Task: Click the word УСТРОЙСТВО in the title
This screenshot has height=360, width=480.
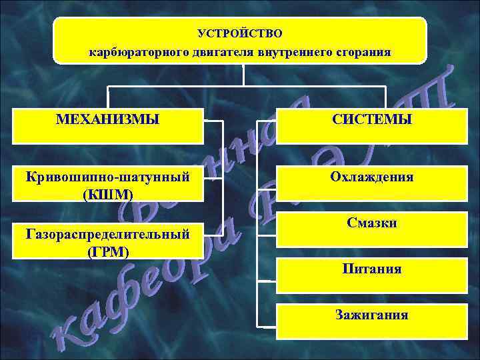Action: [240, 33]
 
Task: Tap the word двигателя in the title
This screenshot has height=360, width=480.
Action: [203, 51]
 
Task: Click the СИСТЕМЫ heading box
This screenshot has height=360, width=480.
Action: [371, 121]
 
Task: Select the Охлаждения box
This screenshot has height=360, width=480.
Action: [371, 177]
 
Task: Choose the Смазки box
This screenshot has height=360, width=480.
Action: [371, 223]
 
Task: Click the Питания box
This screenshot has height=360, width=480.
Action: [371, 269]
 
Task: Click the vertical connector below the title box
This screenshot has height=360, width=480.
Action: [243, 75]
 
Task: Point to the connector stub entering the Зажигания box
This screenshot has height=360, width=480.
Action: [267, 327]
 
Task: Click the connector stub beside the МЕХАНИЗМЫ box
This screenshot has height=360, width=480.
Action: [213, 121]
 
